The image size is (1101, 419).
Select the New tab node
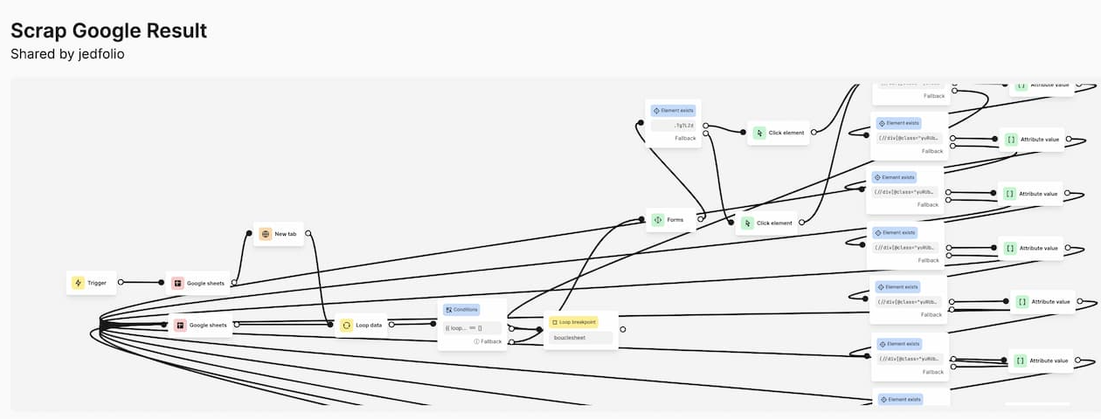pos(279,234)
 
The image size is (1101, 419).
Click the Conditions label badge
pos(460,310)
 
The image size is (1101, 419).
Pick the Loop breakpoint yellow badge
pos(573,322)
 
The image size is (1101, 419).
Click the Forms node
pos(670,220)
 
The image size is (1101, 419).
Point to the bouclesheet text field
pos(580,337)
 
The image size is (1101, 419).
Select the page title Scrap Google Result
pos(108,31)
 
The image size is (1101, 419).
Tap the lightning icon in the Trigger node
pos(78,283)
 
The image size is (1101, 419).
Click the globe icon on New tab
pos(265,234)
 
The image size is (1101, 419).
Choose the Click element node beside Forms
pos(767,223)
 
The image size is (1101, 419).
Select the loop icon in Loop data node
pos(347,325)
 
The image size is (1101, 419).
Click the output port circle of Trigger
pos(121,282)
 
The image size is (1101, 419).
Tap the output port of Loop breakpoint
pos(622,330)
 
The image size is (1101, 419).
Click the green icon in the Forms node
pos(658,220)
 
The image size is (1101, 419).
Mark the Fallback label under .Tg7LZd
pos(684,138)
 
